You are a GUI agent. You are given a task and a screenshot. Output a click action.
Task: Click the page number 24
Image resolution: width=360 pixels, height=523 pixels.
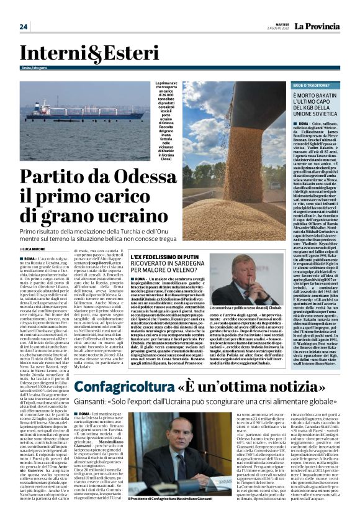pos(24,26)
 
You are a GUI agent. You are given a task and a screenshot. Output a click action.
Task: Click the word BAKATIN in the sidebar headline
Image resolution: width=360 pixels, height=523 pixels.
pos(330,95)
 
